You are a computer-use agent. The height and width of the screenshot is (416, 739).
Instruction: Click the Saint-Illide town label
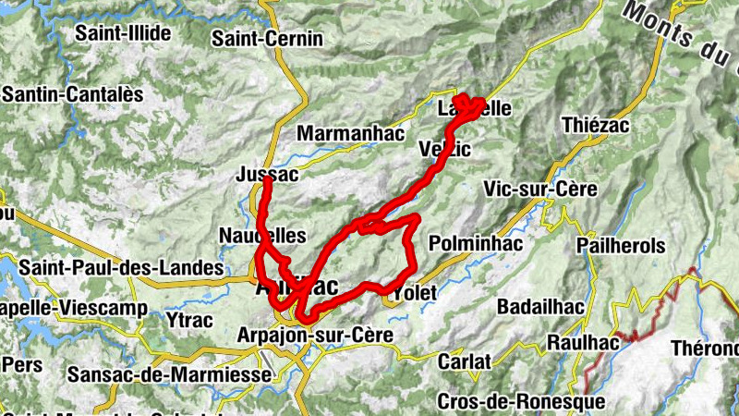pos(123,34)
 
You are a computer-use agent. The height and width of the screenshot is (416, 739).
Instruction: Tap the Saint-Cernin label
pos(267,39)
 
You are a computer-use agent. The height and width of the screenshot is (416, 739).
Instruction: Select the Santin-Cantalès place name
pos(73,94)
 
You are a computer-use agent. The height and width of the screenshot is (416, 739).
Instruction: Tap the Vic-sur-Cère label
pos(540,189)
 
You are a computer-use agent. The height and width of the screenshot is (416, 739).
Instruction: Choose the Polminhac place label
pos(476,243)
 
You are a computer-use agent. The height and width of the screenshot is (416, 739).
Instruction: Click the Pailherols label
pos(620,246)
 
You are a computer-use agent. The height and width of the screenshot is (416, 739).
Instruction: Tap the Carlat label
pos(464,361)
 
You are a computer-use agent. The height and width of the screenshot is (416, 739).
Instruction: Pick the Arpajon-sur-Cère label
pos(316,335)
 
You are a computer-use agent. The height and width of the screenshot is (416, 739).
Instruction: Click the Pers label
pos(22,364)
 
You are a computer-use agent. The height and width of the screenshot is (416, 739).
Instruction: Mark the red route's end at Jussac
pos(267,180)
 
